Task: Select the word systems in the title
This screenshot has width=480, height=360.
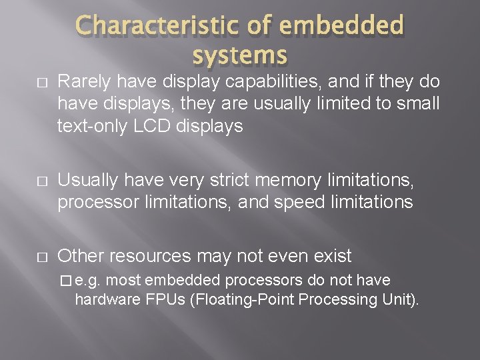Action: [x=240, y=54]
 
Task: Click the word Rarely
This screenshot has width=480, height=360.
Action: [x=83, y=82]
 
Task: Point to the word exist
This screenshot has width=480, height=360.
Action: [x=329, y=256]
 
